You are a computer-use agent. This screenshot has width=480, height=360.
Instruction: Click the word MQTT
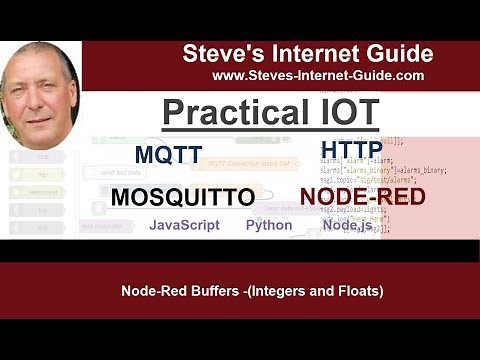pyautogui.click(x=168, y=155)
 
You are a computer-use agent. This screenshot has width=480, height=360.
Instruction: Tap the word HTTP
pyautogui.click(x=351, y=150)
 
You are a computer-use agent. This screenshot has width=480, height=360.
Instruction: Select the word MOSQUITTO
pyautogui.click(x=182, y=197)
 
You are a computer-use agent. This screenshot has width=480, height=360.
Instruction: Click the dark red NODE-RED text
pyautogui.click(x=361, y=196)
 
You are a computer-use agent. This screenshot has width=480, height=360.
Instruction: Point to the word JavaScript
pyautogui.click(x=184, y=225)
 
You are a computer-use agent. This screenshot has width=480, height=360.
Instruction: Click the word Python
pyautogui.click(x=269, y=225)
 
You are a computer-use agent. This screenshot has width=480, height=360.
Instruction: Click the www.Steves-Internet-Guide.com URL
pyautogui.click(x=318, y=75)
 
